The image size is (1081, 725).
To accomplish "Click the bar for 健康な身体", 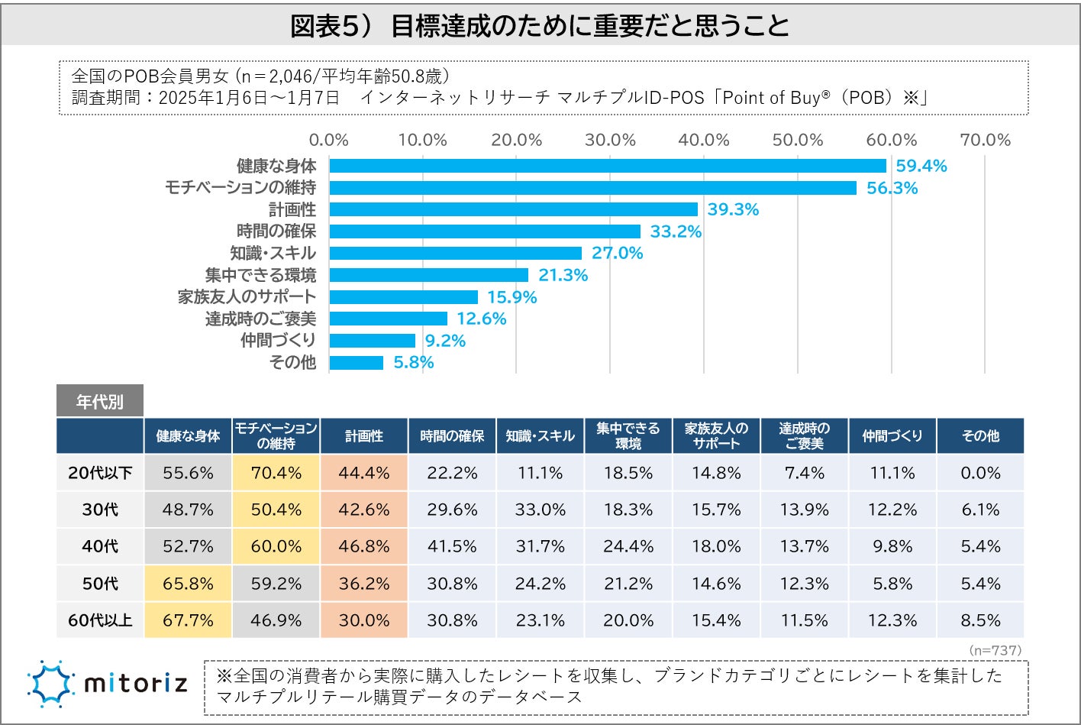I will (x=607, y=166).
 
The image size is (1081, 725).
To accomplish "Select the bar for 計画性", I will (x=513, y=209).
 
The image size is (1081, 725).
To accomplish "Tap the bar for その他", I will (x=357, y=362).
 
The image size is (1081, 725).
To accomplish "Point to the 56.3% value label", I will (x=892, y=188).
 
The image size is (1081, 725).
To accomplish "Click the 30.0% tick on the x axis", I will (x=610, y=140).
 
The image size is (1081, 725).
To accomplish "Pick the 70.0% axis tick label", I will (x=985, y=140).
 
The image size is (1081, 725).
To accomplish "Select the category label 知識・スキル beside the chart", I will (x=273, y=253).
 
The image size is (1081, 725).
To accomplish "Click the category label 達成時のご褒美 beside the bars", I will (x=260, y=319).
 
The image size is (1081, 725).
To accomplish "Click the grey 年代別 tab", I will (x=99, y=401).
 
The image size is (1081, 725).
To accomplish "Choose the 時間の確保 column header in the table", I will (x=452, y=436).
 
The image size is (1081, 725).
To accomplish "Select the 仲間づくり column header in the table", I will (x=892, y=436).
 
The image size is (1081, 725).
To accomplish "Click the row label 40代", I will (x=100, y=546).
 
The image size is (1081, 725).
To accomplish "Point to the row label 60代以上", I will (x=100, y=620).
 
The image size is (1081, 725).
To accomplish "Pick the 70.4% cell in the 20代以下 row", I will (x=276, y=473).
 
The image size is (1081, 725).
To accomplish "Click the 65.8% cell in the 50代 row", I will (x=188, y=584).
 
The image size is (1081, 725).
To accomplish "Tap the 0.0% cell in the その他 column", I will (x=980, y=473).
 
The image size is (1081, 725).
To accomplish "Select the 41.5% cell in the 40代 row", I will (x=452, y=546).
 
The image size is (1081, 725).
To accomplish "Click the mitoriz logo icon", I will (x=50, y=683).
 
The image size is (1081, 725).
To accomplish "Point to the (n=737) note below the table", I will (x=995, y=650).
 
